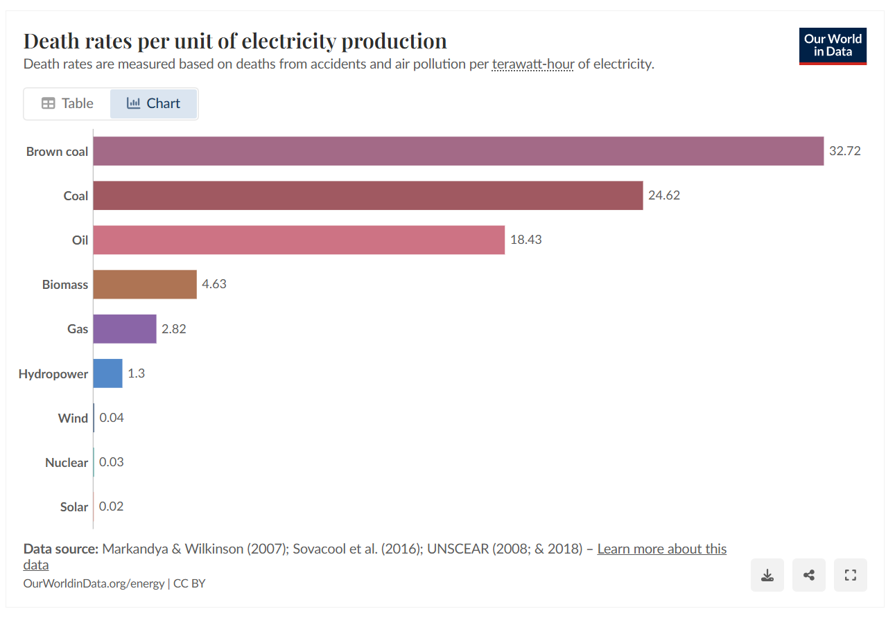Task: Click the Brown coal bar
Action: (458, 151)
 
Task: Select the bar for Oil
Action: (298, 240)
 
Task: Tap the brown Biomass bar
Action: (144, 284)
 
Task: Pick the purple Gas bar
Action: (124, 328)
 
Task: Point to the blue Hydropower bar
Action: (107, 373)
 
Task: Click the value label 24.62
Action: (663, 195)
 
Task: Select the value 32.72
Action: (844, 151)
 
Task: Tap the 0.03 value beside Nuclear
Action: (111, 462)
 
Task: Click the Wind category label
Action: (73, 418)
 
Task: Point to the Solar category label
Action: (73, 507)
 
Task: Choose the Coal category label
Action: (76, 196)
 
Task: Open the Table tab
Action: (67, 103)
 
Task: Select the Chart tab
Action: (153, 103)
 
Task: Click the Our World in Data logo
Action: (833, 46)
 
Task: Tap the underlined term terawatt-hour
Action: (532, 64)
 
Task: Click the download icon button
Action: (767, 575)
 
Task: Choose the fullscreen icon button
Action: (851, 575)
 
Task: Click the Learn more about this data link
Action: (661, 549)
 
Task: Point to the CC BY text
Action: (189, 583)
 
